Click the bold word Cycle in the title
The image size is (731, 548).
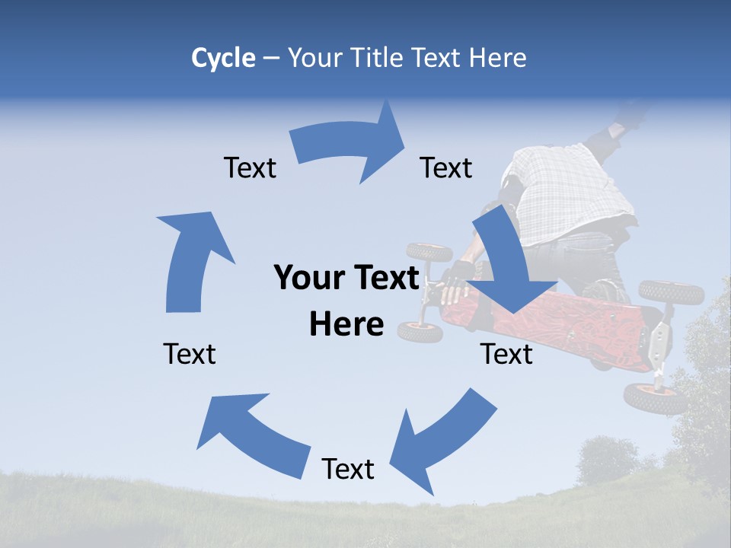click(x=223, y=58)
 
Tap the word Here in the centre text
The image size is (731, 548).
click(x=346, y=324)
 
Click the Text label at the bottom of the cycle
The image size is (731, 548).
click(x=348, y=469)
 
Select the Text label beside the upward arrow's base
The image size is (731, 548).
click(x=190, y=354)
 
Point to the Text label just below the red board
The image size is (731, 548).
click(x=506, y=354)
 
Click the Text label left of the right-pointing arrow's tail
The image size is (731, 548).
click(x=250, y=167)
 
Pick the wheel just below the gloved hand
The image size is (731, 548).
click(x=420, y=332)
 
